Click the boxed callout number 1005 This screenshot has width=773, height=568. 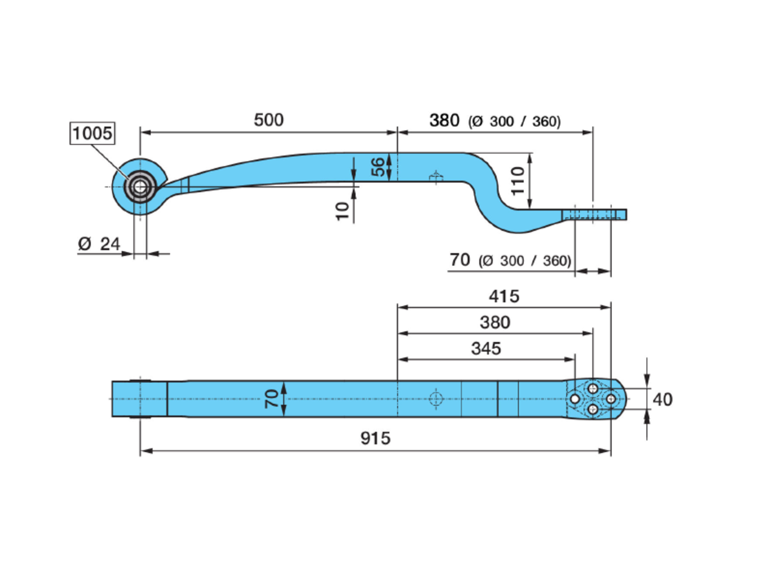point(92,133)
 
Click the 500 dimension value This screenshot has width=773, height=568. point(268,120)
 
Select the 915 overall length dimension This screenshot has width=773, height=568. point(375,438)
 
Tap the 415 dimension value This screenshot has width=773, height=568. point(504,297)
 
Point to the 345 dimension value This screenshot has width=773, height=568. point(486,349)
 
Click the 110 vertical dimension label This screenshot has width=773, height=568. point(517,181)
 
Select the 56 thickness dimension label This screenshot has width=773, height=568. point(378,167)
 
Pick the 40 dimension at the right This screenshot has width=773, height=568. point(662,400)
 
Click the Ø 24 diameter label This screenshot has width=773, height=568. point(99,244)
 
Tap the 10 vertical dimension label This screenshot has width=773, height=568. point(342,211)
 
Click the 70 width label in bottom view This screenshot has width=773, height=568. point(272,399)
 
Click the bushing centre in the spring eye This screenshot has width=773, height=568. point(140,186)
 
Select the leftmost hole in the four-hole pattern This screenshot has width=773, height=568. point(575,399)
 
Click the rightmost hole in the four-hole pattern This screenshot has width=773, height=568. point(611,399)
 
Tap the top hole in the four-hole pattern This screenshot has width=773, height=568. point(593,389)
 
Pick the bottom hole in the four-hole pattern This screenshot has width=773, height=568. point(593,409)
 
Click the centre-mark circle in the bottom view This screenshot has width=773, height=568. point(436,399)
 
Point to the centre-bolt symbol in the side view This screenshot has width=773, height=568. point(436,178)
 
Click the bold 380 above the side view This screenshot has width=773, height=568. point(444,121)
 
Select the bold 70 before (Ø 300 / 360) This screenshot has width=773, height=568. point(460,260)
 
